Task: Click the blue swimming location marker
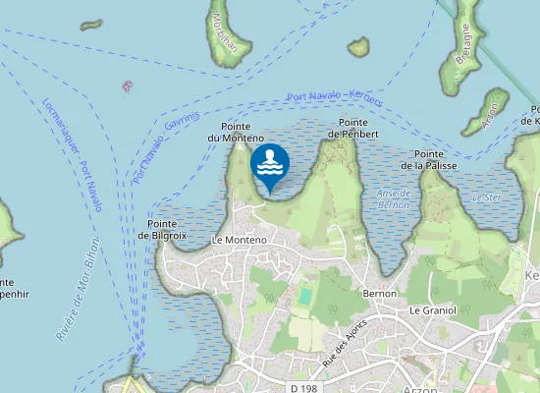click(269, 165)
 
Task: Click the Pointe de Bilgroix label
click(162, 230)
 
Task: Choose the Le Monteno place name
click(239, 240)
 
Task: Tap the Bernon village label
click(379, 293)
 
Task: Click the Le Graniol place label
click(432, 309)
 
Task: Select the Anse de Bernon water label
click(394, 199)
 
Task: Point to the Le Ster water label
click(486, 197)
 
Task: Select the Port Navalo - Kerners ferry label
click(335, 97)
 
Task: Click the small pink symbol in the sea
click(126, 86)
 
